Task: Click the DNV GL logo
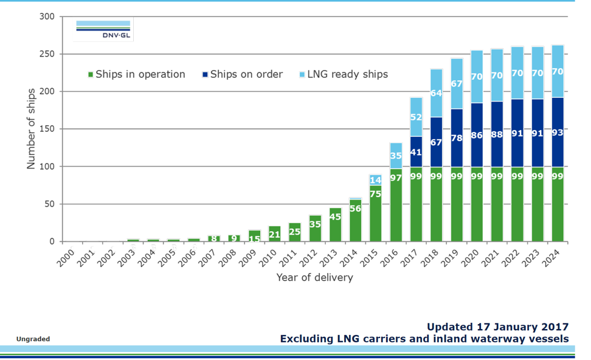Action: tap(103, 30)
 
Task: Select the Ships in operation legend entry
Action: tap(137, 74)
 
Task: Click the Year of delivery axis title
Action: tap(314, 277)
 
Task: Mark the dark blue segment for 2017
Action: tap(416, 152)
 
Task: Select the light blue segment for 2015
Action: tap(376, 180)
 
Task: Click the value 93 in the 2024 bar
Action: tap(558, 133)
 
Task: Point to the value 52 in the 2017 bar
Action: tap(416, 117)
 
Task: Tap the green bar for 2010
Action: tap(274, 234)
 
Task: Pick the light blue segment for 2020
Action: tap(477, 77)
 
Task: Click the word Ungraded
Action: tap(33, 339)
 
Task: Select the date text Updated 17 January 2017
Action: tap(497, 327)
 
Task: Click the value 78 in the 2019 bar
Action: tap(456, 138)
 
